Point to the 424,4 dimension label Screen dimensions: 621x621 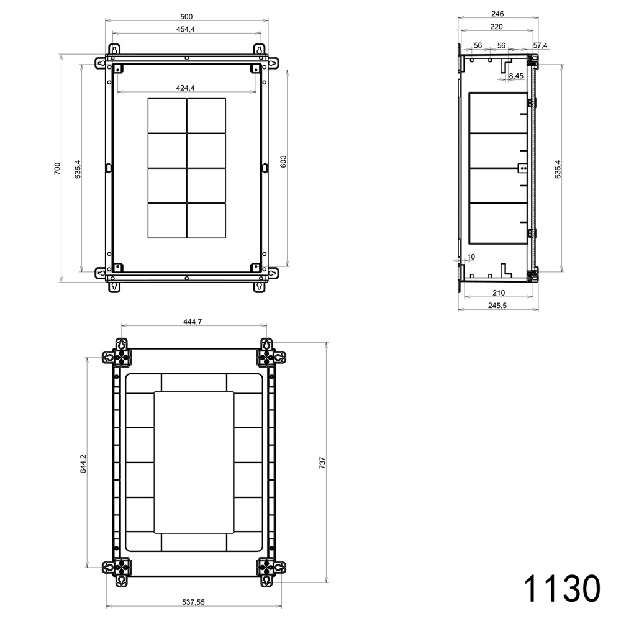(x=186, y=88)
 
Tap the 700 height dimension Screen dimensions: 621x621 (x=57, y=168)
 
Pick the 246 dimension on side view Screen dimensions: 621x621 (x=497, y=13)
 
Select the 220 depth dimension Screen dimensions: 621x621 (x=496, y=27)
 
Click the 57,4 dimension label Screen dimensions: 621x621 (x=540, y=45)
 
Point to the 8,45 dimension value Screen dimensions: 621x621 (x=516, y=76)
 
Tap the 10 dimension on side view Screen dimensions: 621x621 (x=471, y=256)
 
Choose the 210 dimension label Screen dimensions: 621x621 (x=498, y=292)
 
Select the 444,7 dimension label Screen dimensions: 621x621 (x=193, y=321)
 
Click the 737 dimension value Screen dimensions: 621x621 (x=323, y=463)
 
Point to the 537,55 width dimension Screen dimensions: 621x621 (x=193, y=602)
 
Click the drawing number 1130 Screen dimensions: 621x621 (x=562, y=587)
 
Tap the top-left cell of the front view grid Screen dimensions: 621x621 (x=167, y=116)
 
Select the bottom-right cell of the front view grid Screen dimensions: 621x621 (x=206, y=221)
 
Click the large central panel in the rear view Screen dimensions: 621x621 (x=194, y=463)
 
